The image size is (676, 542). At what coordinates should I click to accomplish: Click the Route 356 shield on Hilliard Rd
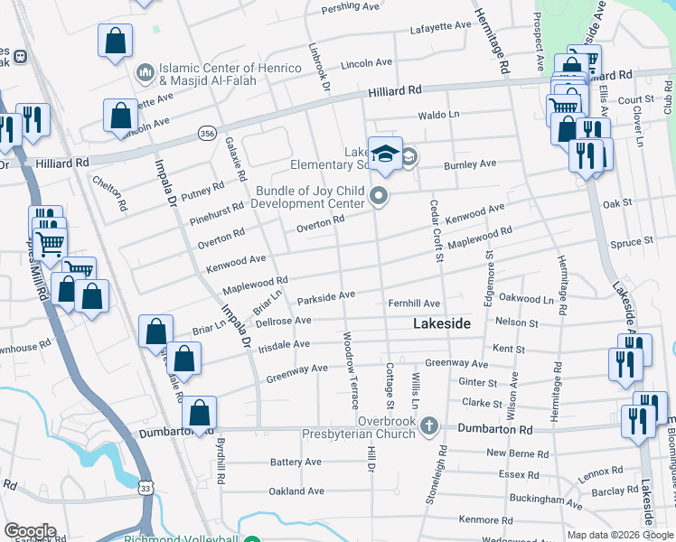click(x=207, y=134)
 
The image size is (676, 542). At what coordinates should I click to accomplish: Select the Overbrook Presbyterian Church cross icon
click(x=428, y=425)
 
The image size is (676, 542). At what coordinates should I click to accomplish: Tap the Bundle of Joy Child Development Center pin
click(x=380, y=195)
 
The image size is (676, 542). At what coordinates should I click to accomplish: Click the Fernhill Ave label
click(x=413, y=304)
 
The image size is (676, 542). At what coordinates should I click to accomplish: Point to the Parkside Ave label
click(x=326, y=295)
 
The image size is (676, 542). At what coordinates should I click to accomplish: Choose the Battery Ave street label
click(x=296, y=462)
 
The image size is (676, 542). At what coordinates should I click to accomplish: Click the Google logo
click(x=29, y=532)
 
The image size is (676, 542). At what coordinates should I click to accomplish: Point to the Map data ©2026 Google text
click(x=620, y=535)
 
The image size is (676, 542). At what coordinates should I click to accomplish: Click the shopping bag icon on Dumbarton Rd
click(x=200, y=413)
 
